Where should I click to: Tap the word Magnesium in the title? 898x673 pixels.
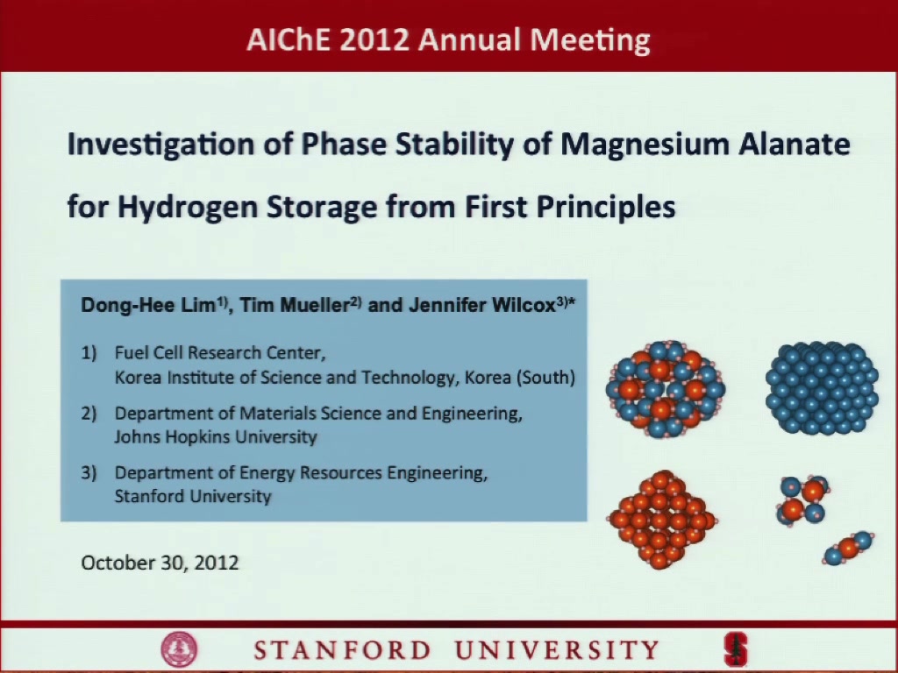644,145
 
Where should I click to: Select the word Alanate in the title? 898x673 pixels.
794,145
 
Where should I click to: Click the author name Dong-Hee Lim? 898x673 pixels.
147,305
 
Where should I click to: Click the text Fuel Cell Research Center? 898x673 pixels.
220,352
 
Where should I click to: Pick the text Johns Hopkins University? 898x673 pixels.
216,436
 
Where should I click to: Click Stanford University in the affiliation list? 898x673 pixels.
192,496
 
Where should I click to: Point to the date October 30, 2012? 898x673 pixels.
160,563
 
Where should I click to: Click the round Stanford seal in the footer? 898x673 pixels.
179,650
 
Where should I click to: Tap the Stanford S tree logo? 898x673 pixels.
736,650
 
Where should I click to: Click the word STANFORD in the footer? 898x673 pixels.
342,651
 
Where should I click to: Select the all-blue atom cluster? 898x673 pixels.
822,388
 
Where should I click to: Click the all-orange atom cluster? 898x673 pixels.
661,520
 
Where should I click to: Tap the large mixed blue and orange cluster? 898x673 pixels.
666,389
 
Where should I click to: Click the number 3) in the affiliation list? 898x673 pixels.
89,472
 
